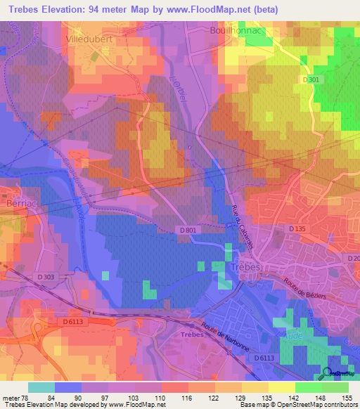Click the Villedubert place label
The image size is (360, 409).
tap(89, 40)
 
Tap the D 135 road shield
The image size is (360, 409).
tap(298, 229)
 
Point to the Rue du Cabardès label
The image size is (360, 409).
tap(242, 225)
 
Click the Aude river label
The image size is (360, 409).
tap(290, 336)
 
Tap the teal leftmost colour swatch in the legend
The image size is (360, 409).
tap(41, 387)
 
